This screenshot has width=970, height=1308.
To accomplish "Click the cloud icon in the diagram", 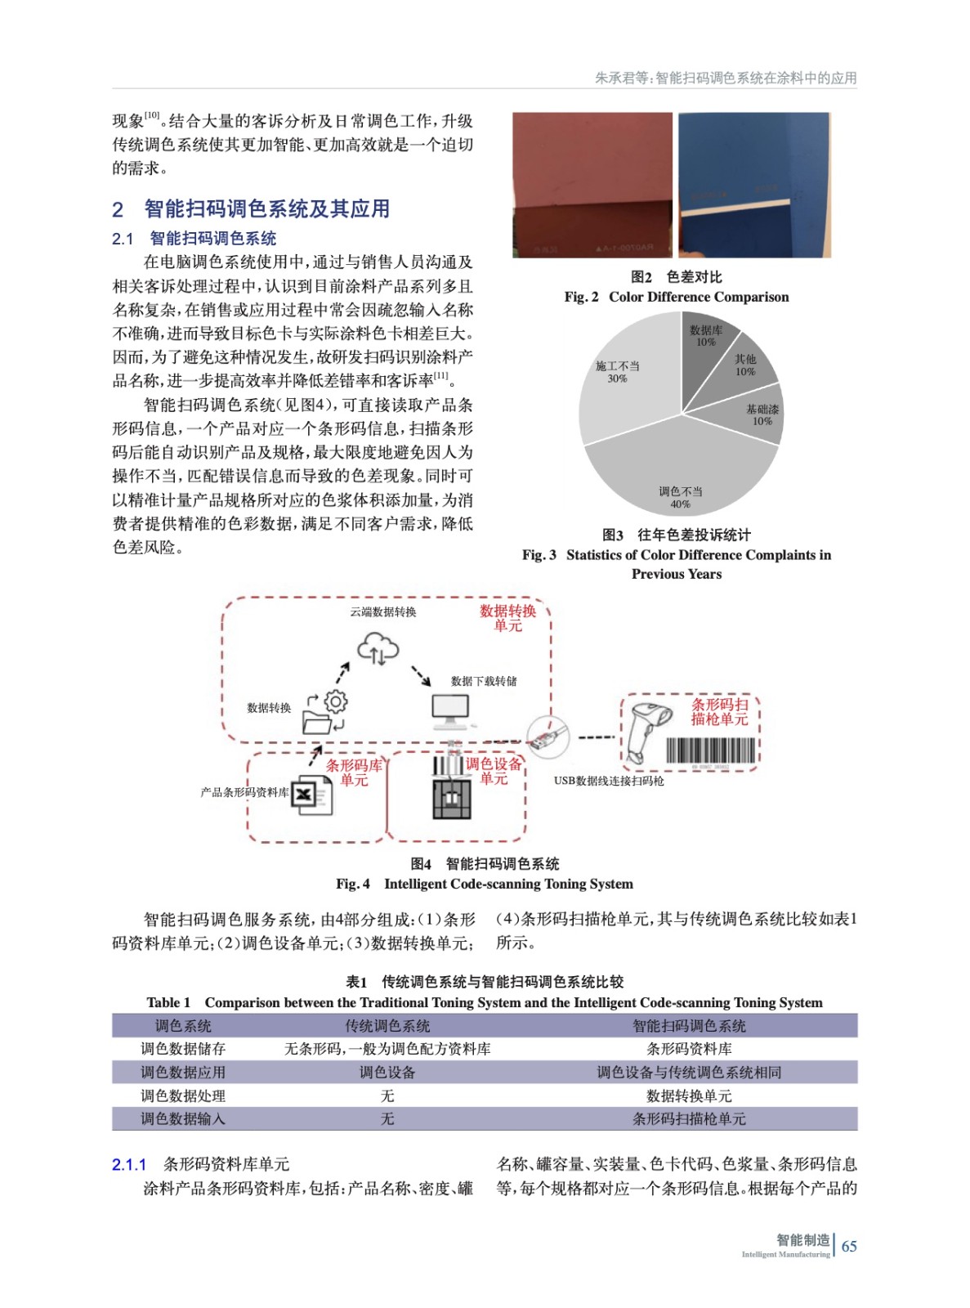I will tap(378, 651).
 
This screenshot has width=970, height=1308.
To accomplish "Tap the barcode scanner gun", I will tap(646, 727).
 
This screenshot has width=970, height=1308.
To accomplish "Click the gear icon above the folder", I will tap(336, 701).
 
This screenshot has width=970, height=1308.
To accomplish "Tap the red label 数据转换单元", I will tap(507, 618).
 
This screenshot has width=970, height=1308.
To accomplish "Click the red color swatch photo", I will tap(592, 185).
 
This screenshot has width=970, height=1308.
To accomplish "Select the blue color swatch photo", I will tap(754, 185).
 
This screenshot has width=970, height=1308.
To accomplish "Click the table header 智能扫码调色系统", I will tap(688, 1026).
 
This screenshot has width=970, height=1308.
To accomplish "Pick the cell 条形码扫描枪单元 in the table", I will tap(688, 1119).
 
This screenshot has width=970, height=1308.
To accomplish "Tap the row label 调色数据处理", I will tap(182, 1095).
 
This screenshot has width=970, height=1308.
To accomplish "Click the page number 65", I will tap(849, 1247).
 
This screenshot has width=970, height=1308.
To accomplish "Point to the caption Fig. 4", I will tap(352, 884).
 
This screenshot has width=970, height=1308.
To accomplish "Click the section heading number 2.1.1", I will tap(129, 1165).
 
